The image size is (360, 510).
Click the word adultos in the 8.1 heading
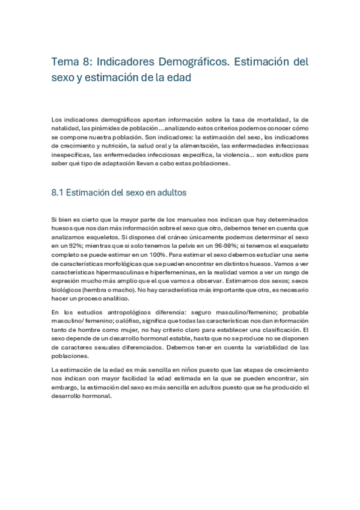[x=168, y=193]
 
